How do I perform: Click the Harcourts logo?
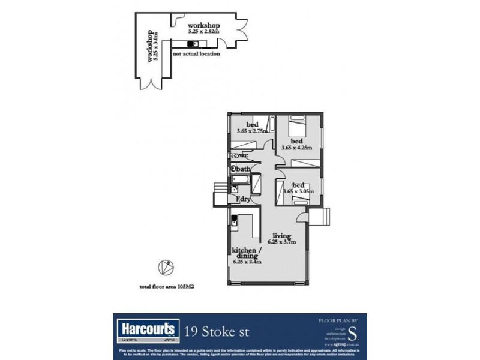[147, 329]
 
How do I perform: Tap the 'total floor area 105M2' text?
[167, 287]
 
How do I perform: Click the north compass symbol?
[163, 267]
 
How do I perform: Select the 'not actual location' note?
[196, 54]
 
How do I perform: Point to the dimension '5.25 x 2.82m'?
[203, 32]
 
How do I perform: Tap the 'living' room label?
[281, 235]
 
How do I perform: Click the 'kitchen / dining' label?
[247, 254]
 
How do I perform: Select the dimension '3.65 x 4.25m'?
[298, 146]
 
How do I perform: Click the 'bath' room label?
[243, 169]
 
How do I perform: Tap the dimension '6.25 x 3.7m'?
[281, 242]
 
